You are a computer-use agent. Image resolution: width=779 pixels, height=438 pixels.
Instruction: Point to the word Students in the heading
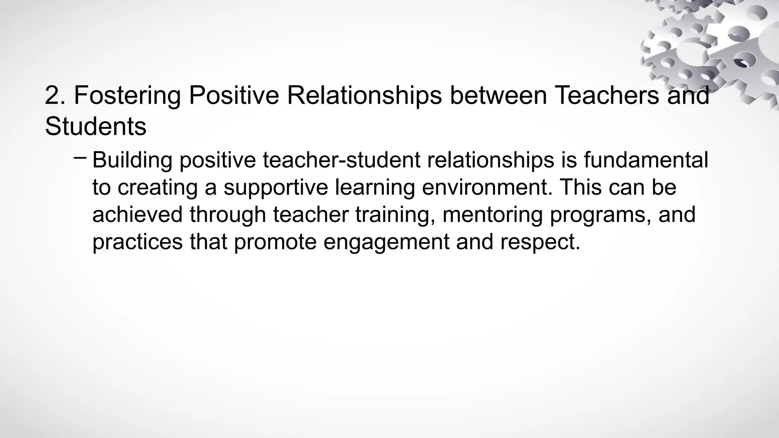click(x=95, y=126)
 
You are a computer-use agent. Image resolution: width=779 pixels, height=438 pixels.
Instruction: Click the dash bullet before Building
click(x=80, y=156)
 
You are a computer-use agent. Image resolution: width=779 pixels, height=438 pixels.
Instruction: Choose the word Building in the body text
click(x=132, y=160)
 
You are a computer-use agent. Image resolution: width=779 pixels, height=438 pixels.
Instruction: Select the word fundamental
click(x=646, y=160)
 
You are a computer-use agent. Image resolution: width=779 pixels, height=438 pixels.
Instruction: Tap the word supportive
click(x=275, y=187)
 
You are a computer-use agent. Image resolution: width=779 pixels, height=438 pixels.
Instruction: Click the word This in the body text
click(x=580, y=187)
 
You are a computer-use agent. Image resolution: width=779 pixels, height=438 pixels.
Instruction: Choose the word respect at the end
click(x=540, y=242)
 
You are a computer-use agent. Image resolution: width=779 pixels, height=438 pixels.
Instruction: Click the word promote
click(x=275, y=242)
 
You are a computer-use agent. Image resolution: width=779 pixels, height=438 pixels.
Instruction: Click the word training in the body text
click(x=395, y=214)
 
